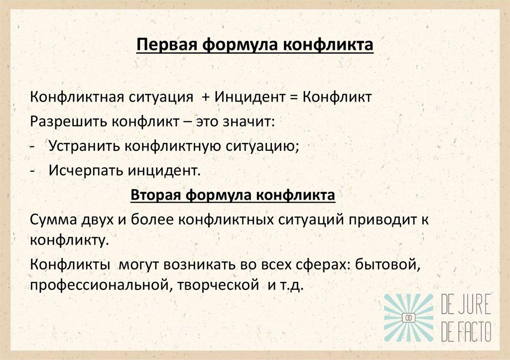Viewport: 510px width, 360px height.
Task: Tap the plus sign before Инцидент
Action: click(x=206, y=97)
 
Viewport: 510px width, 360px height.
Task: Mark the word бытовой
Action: click(x=393, y=267)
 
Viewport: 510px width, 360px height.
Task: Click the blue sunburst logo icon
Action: click(x=408, y=318)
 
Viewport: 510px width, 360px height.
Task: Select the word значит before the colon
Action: click(x=252, y=122)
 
